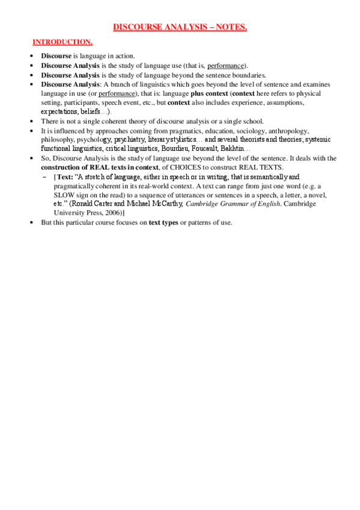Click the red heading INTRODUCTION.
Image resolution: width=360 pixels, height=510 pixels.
point(63,42)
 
